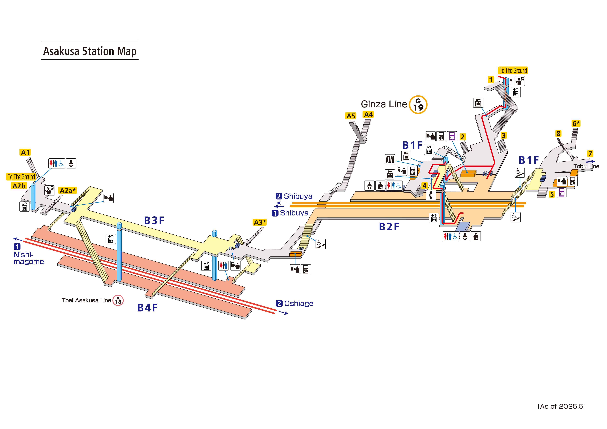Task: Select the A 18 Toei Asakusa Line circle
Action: click(x=118, y=300)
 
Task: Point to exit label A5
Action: click(x=351, y=116)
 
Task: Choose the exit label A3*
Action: click(x=260, y=222)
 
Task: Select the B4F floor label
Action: click(x=147, y=308)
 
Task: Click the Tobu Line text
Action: click(x=586, y=166)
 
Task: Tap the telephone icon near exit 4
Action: click(x=431, y=195)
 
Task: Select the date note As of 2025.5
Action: click(x=562, y=406)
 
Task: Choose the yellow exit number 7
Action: click(x=590, y=154)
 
